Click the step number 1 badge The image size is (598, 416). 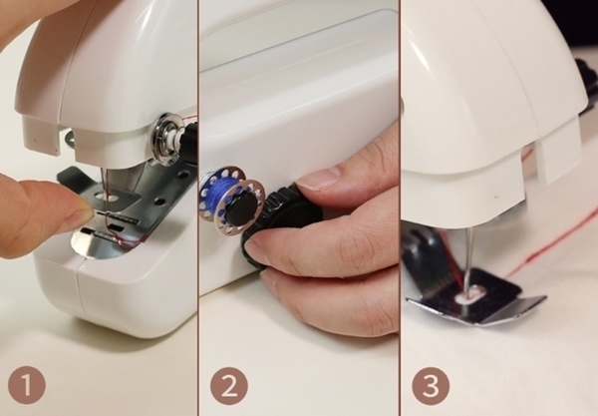pyautogui.click(x=27, y=385)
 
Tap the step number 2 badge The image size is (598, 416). pyautogui.click(x=229, y=385)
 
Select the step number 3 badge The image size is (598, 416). pyautogui.click(x=431, y=385)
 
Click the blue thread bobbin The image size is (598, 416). pyautogui.click(x=232, y=202)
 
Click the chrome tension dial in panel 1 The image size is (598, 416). pyautogui.click(x=167, y=140)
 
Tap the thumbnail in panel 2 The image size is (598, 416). pyautogui.click(x=318, y=179)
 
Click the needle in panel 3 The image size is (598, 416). pyautogui.click(x=468, y=260)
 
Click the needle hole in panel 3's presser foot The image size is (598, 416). pyautogui.click(x=471, y=295)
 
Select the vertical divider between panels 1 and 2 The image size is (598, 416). pyautogui.click(x=197, y=208)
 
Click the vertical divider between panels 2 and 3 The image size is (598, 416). pyautogui.click(x=400, y=208)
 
